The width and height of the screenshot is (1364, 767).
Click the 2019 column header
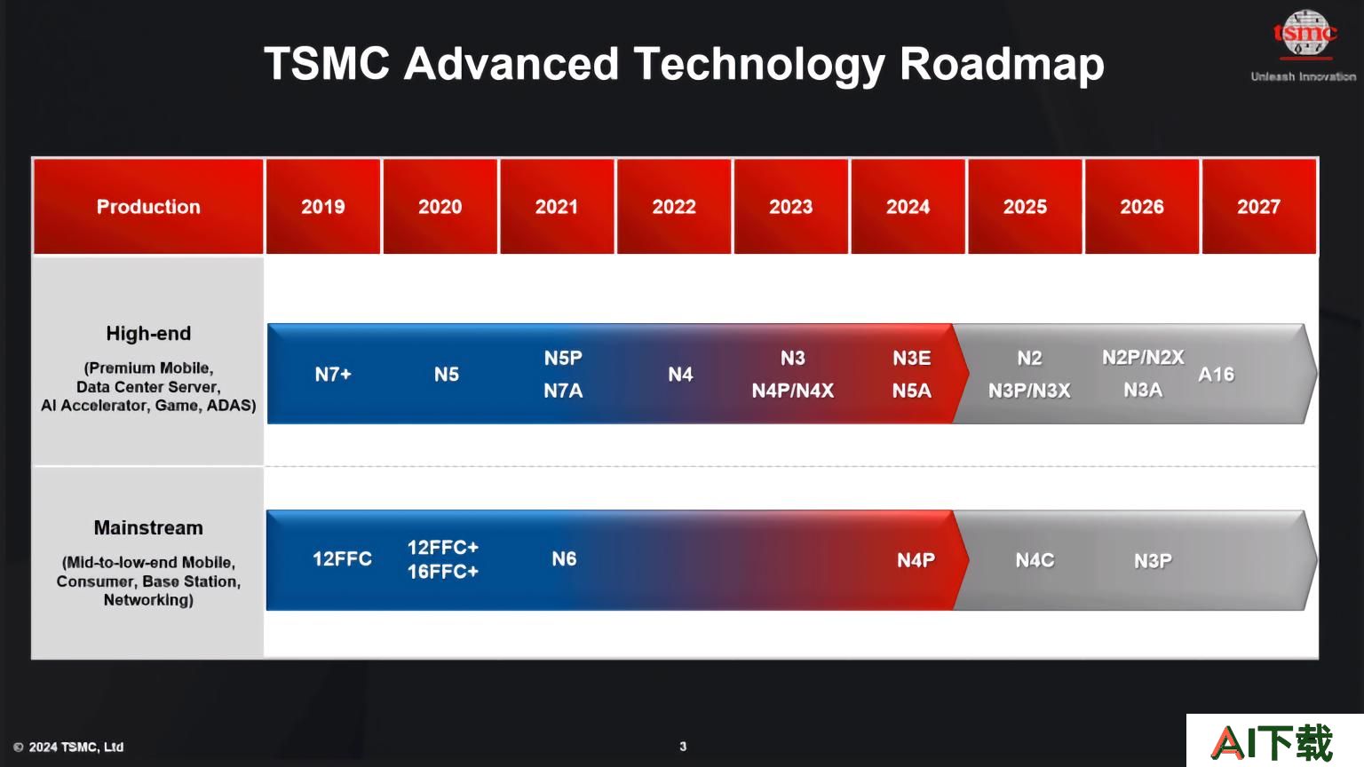(x=322, y=206)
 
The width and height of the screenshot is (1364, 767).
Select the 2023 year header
(x=790, y=206)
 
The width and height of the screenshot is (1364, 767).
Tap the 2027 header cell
(x=1258, y=206)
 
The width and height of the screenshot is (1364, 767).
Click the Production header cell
(x=148, y=206)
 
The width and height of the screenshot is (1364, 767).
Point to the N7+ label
(x=333, y=374)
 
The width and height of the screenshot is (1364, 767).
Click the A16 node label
(x=1216, y=374)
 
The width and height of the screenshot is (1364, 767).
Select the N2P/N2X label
(x=1143, y=358)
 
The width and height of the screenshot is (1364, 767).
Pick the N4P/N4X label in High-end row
(x=793, y=391)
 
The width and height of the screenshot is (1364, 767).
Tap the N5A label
(x=912, y=391)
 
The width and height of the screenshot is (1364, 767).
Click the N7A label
(x=563, y=391)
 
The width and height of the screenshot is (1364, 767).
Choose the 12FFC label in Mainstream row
(x=342, y=558)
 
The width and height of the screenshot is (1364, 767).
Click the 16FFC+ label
(x=443, y=572)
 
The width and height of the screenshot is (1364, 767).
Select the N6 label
(x=564, y=558)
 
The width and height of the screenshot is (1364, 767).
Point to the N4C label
(x=1035, y=560)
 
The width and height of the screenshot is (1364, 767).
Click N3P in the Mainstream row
(x=1153, y=560)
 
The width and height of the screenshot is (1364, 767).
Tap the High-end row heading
(x=148, y=333)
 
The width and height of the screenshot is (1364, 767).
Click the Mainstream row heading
(x=148, y=527)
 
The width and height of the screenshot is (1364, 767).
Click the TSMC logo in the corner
(x=1305, y=34)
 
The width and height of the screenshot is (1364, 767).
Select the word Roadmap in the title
(x=1002, y=63)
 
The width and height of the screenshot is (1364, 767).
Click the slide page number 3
(x=683, y=747)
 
